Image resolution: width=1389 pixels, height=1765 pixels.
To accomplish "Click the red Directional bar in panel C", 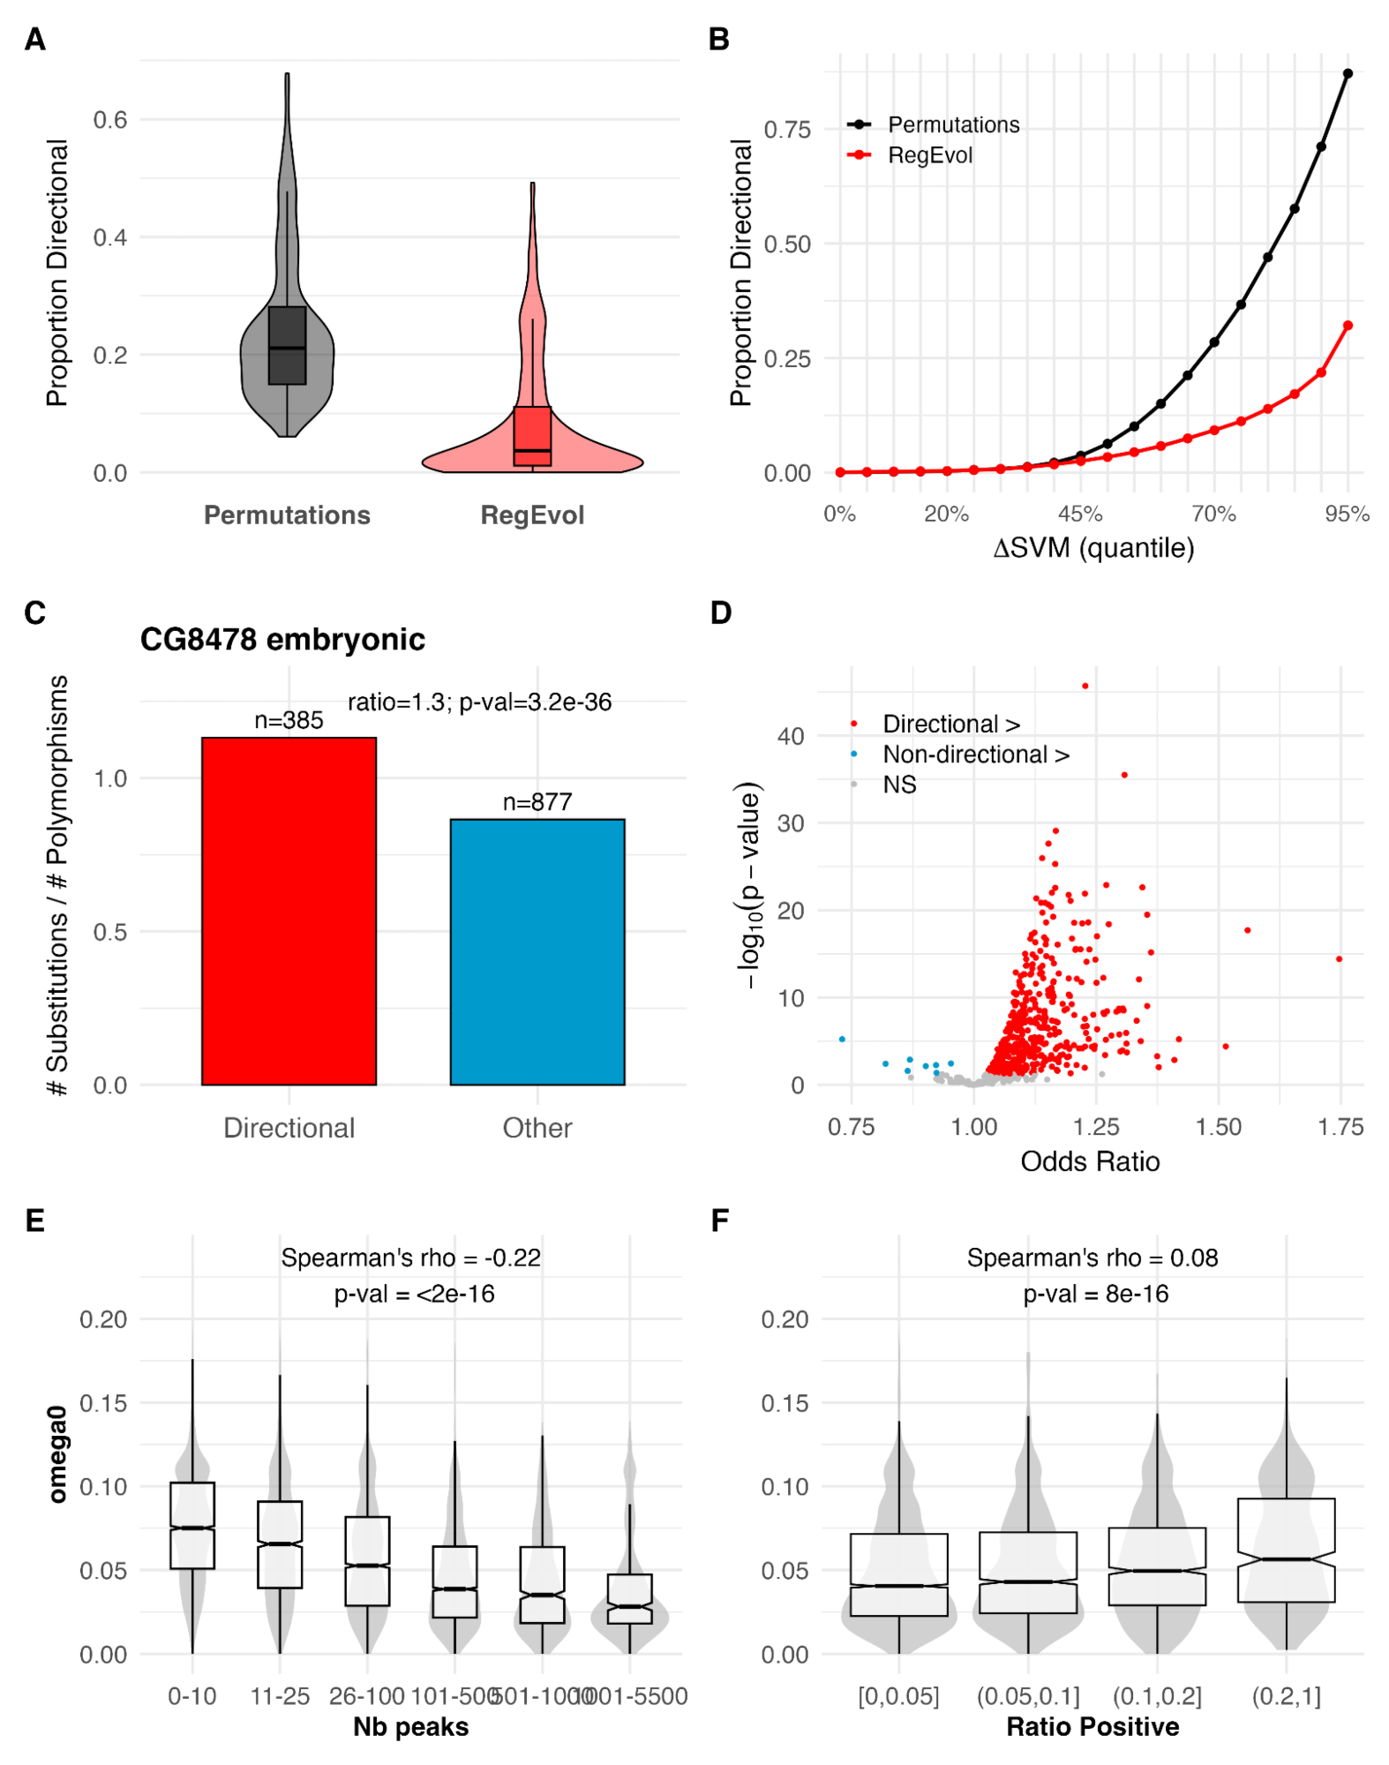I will (x=289, y=911).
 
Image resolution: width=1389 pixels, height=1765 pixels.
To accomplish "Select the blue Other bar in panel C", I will (x=537, y=951).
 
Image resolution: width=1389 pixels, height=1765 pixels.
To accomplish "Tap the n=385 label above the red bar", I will (x=289, y=720).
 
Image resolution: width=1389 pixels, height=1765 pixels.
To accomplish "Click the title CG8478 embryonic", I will (x=282, y=639).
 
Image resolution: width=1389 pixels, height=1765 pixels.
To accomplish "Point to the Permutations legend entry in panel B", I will (x=953, y=124).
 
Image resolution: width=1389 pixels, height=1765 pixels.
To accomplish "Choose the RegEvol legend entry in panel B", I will (x=929, y=155).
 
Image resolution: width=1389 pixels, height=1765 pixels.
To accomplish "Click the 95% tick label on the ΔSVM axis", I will (x=1347, y=514).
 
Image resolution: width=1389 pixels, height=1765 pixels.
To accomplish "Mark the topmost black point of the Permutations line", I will (x=1348, y=74).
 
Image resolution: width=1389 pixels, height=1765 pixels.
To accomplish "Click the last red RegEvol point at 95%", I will (x=1348, y=326).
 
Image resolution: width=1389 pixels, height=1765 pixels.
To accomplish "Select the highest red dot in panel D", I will (x=1085, y=686).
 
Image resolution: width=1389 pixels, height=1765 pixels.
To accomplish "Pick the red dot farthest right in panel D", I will (x=1339, y=958).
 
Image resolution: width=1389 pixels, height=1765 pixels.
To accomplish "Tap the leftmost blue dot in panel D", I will (x=842, y=1039).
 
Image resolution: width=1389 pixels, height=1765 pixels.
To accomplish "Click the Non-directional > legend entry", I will (x=975, y=755).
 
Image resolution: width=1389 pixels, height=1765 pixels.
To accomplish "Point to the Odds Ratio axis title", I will (x=1090, y=1161).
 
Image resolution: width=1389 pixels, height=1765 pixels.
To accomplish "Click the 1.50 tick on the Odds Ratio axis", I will (x=1218, y=1127).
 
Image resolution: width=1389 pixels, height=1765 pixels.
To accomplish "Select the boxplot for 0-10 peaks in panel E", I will (x=192, y=1525).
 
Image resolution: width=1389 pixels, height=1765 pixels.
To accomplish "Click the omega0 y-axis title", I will (x=58, y=1453).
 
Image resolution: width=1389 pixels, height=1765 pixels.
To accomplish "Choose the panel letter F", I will (x=720, y=1220).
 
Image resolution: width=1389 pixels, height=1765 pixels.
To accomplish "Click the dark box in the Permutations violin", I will (x=287, y=345).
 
